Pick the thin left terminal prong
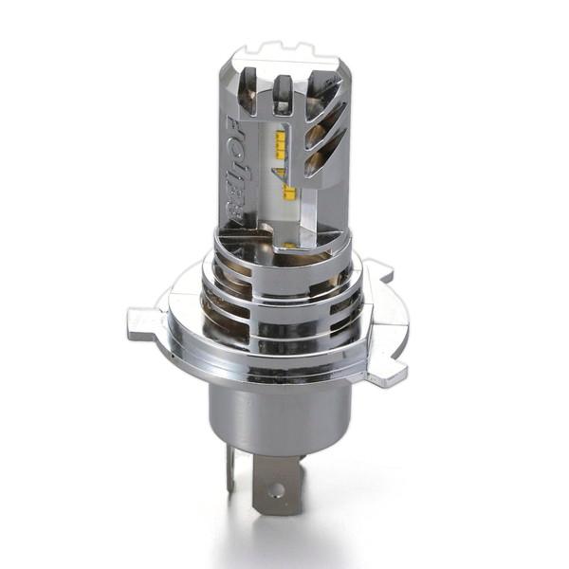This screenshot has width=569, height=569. (x=230, y=469)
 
